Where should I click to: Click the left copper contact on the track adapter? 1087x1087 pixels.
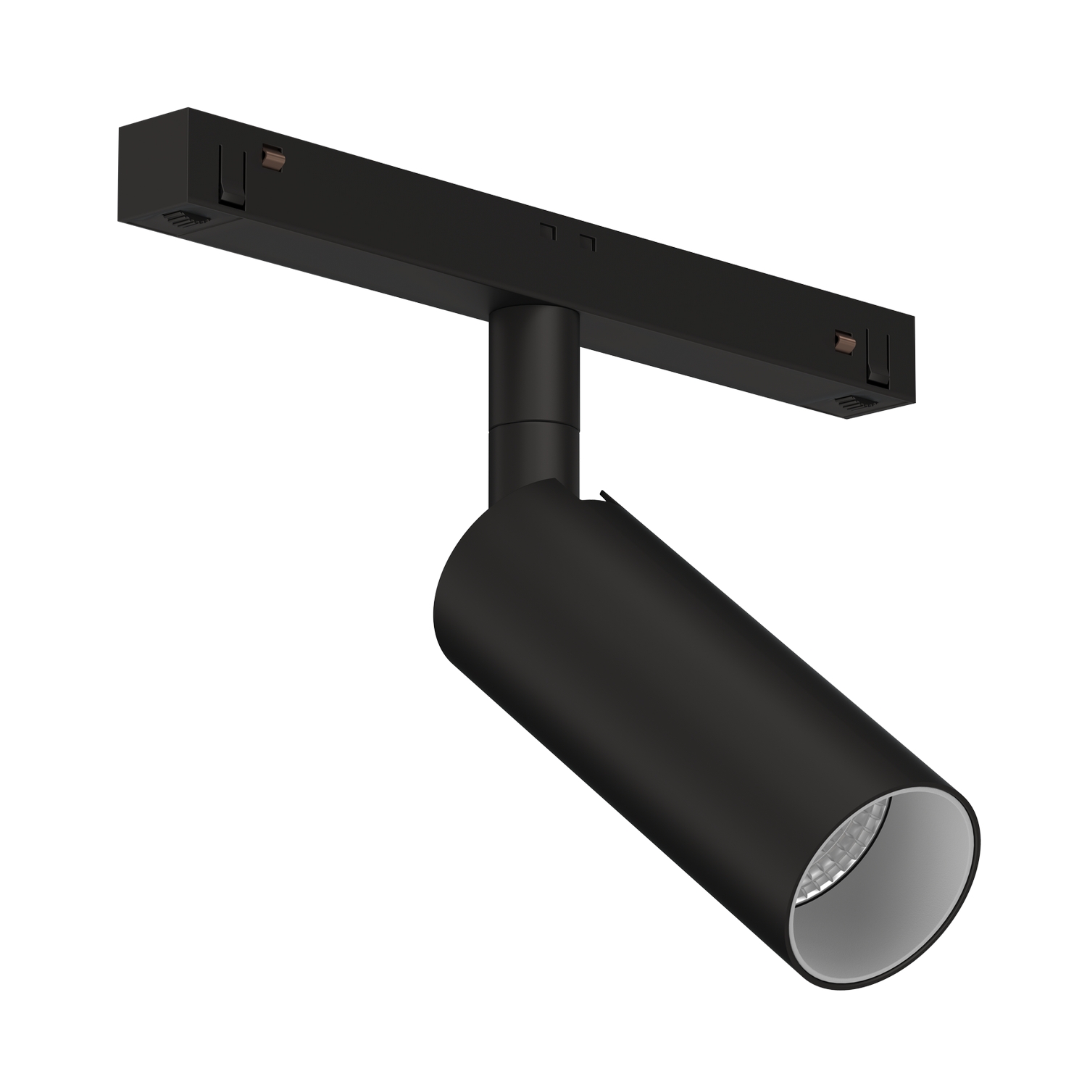click(275, 156)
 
